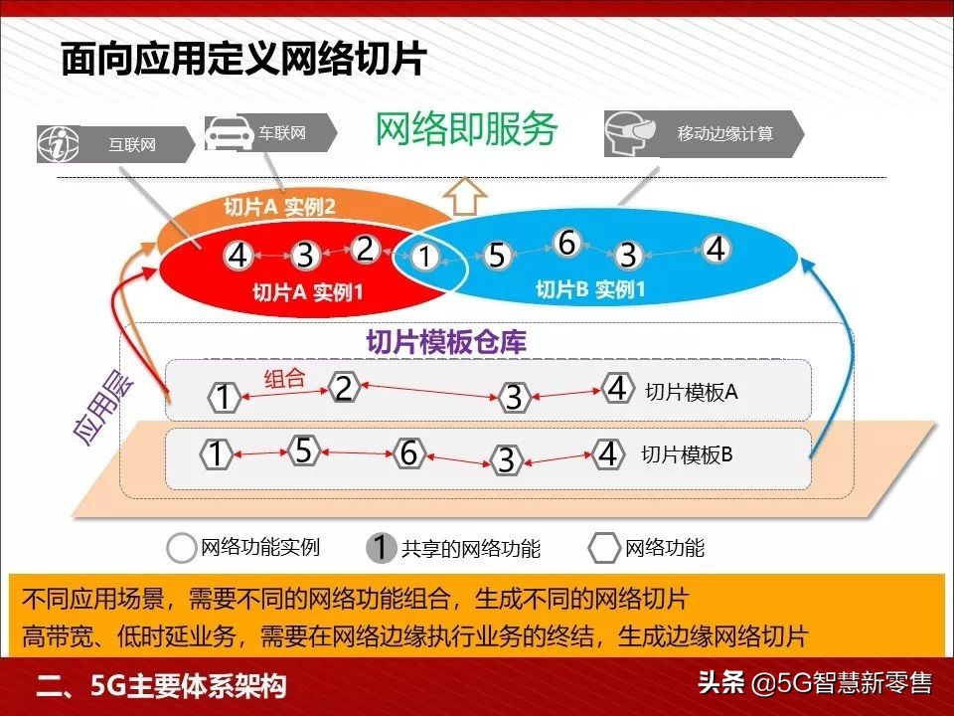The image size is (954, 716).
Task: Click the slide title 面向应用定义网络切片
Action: tap(243, 59)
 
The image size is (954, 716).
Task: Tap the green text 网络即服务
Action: tap(466, 129)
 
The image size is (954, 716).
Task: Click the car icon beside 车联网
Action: tap(230, 133)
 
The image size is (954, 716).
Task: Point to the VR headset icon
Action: tap(631, 133)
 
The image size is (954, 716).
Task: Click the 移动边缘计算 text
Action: tap(724, 133)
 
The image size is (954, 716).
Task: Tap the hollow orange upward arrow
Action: tap(465, 195)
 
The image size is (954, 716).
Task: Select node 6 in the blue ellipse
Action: tap(566, 242)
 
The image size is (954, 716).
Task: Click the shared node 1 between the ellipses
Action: tap(425, 257)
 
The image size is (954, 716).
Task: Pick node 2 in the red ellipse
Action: tap(365, 249)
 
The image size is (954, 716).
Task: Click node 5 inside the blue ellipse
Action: tap(497, 256)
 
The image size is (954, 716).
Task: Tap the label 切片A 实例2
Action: tap(279, 208)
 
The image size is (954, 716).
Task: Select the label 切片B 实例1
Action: tap(590, 289)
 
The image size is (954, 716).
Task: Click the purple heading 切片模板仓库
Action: tap(446, 342)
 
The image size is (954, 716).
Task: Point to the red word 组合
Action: tap(283, 379)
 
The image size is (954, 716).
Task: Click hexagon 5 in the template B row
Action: tap(304, 450)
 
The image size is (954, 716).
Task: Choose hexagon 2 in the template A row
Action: tap(344, 388)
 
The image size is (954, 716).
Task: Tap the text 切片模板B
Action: tap(687, 455)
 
